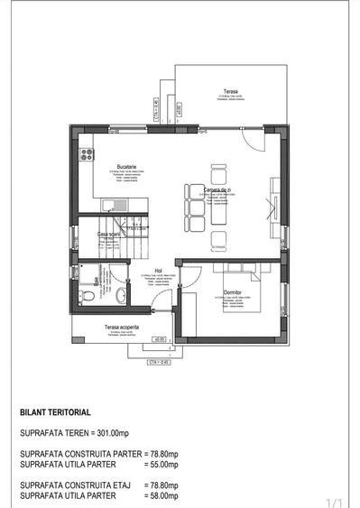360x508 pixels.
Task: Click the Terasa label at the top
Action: tap(230, 91)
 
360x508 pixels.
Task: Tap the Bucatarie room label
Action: tap(126, 166)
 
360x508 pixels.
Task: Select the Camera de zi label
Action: tap(219, 189)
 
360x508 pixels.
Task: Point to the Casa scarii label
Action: tap(110, 234)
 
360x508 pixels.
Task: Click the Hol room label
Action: tap(157, 269)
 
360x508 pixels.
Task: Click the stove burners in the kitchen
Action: tap(88, 154)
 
